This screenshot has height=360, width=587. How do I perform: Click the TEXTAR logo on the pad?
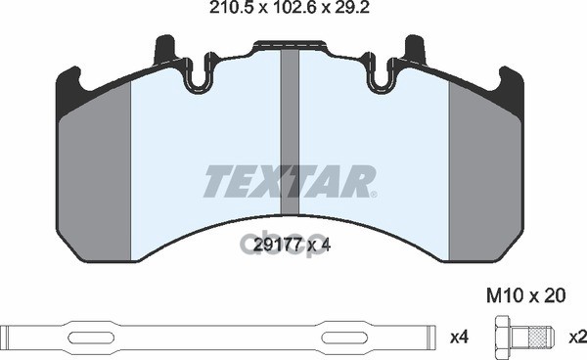point(290,182)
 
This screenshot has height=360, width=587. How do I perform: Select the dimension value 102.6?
point(293,8)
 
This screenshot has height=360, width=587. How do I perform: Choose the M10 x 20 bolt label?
point(525,295)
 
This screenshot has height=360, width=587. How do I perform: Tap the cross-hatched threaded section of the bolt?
point(536,337)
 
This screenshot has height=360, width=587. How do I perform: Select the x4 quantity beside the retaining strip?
point(459,337)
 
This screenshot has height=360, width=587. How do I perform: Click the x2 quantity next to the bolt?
point(577,337)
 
